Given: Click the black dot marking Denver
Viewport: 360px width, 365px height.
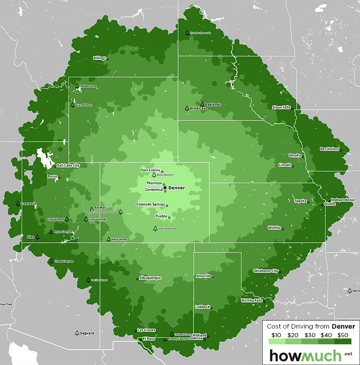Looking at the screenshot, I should (165, 187).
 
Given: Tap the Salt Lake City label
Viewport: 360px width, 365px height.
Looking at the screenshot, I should (68, 165).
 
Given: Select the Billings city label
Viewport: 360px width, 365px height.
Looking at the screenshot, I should (99, 58).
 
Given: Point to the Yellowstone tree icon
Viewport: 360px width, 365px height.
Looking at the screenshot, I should (77, 85).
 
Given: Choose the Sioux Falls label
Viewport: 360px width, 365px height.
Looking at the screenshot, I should (282, 107).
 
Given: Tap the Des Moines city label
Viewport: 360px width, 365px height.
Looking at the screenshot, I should (329, 149).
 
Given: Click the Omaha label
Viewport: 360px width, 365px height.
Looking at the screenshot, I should (295, 155).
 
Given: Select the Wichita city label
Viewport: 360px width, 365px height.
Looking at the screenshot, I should (274, 227).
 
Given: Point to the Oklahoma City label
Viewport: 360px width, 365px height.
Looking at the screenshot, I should (266, 271).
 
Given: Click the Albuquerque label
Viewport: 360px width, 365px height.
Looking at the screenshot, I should (150, 278).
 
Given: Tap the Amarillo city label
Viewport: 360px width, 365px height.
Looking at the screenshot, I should (203, 276).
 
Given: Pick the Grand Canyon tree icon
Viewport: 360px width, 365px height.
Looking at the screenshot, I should (51, 260).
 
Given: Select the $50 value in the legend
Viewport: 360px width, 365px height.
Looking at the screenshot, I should (343, 335).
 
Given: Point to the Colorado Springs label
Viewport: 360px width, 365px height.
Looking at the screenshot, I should (150, 205).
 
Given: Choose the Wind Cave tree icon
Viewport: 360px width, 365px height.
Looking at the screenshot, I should (187, 108).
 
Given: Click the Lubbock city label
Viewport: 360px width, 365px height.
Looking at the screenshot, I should (202, 307).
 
